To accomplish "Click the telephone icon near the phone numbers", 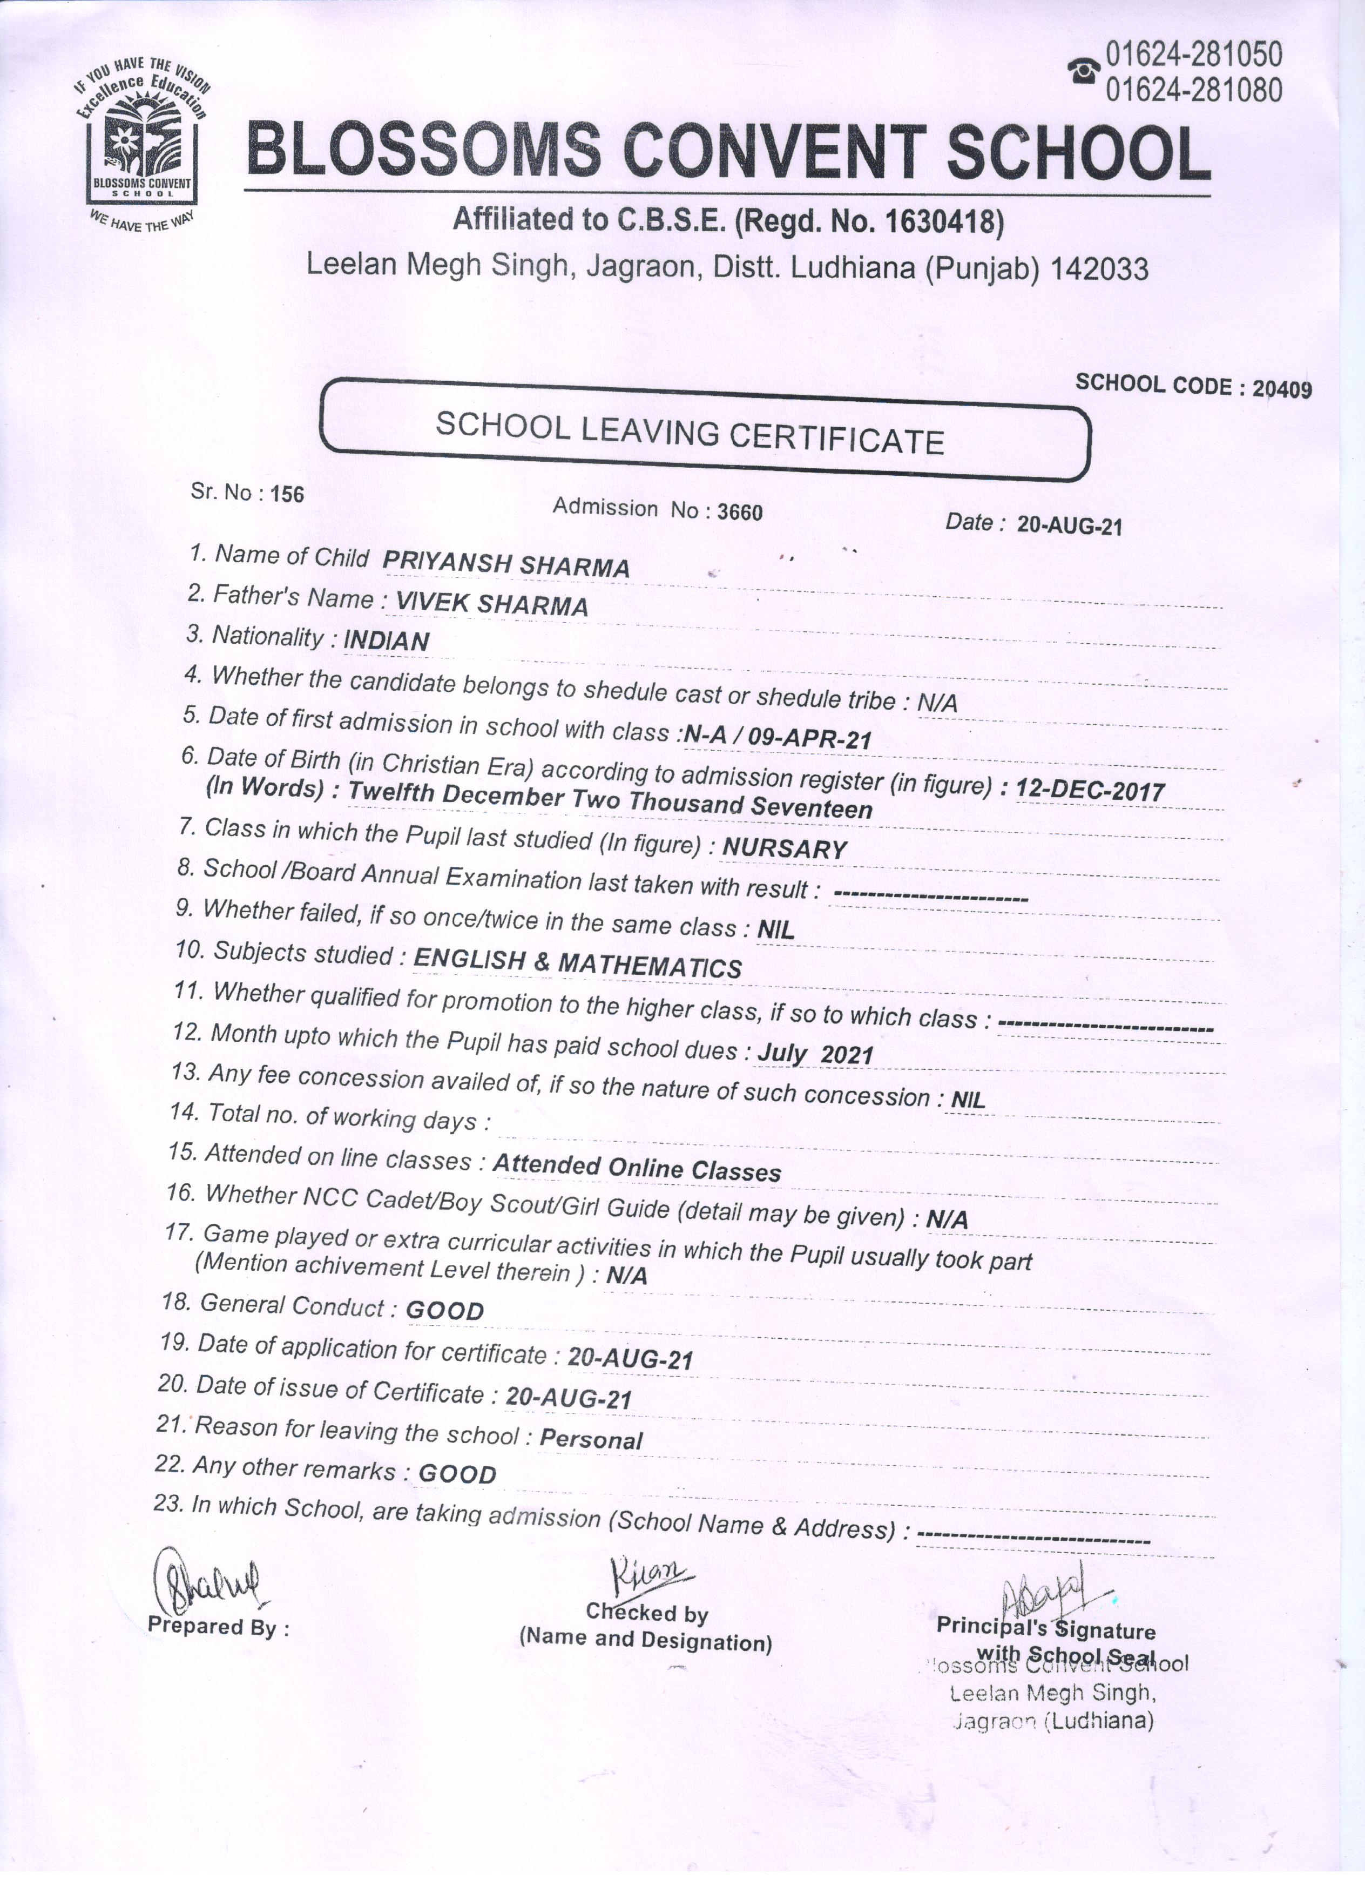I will pyautogui.click(x=1084, y=71).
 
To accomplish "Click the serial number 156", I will pyautogui.click(x=287, y=494).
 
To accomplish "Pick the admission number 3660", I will pyautogui.click(x=740, y=512).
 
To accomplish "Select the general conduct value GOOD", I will pyautogui.click(x=445, y=1310).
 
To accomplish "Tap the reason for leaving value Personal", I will pyautogui.click(x=591, y=1439).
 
